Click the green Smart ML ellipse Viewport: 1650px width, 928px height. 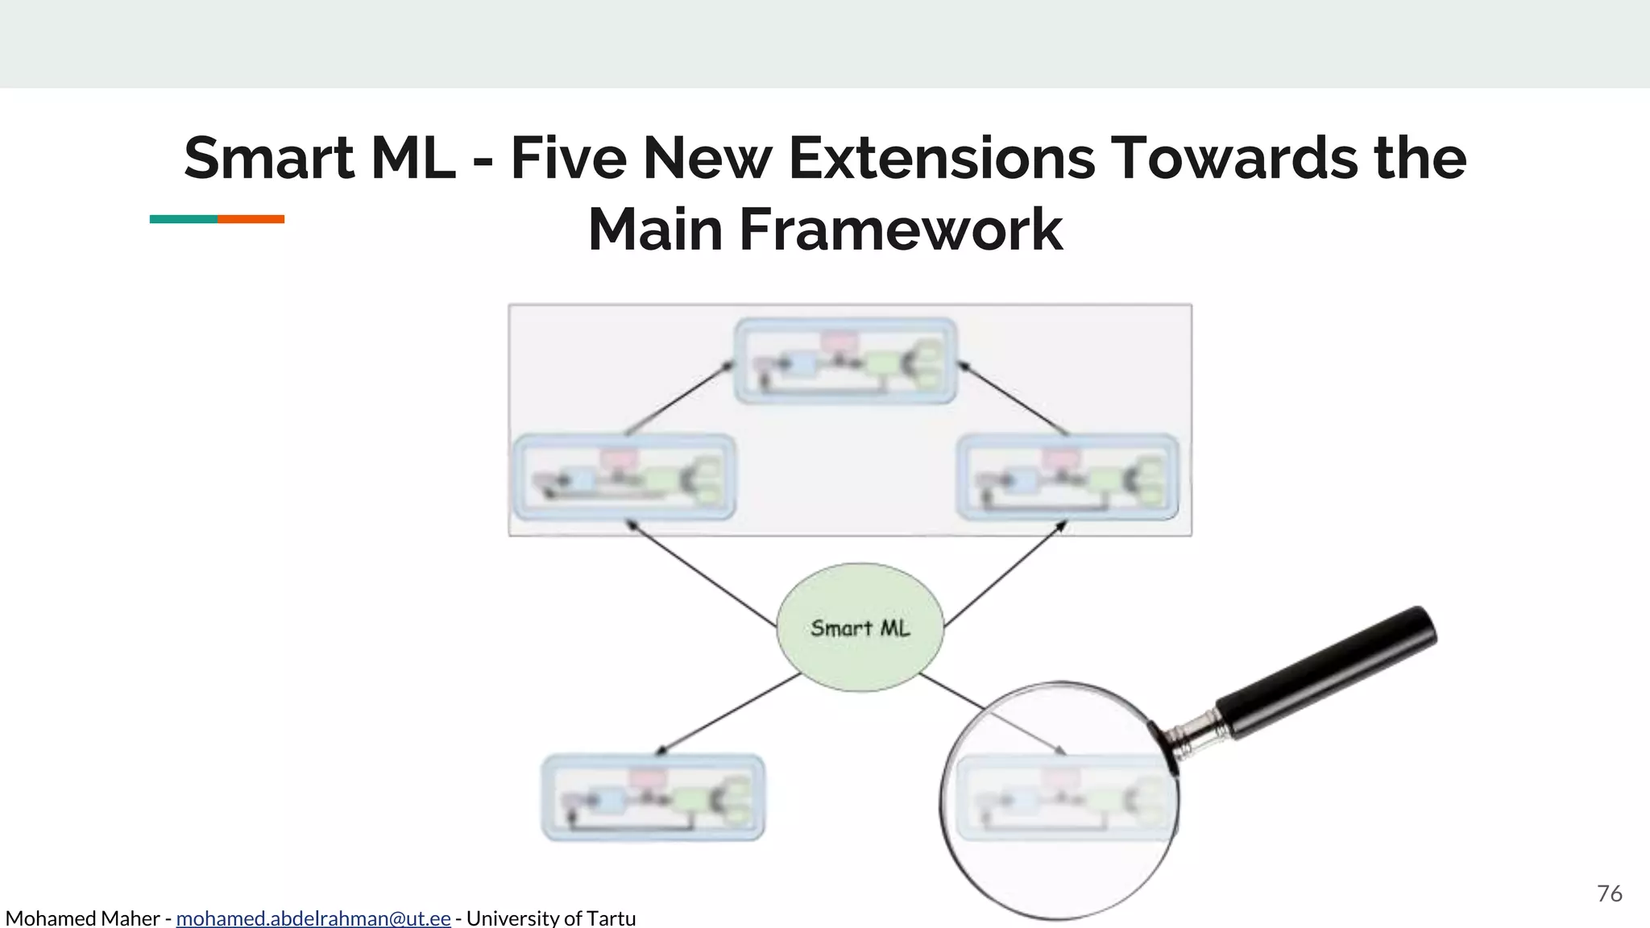[x=860, y=628]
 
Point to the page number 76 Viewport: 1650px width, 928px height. [x=1609, y=893]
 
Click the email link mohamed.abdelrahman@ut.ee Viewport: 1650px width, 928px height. [x=313, y=918]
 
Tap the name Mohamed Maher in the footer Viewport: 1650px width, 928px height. [x=82, y=918]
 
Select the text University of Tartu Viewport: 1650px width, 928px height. [x=551, y=918]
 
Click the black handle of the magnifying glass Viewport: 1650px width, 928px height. [x=1329, y=672]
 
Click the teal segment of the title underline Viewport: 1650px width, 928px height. [x=184, y=219]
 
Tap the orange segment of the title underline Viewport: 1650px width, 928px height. [x=251, y=219]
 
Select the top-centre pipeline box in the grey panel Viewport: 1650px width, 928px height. [x=845, y=361]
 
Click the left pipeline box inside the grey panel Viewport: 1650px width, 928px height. [x=624, y=477]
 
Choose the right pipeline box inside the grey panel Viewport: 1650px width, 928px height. [x=1068, y=477]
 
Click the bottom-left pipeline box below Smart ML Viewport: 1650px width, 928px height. [x=653, y=797]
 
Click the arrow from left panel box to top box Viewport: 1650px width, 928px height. [x=679, y=400]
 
